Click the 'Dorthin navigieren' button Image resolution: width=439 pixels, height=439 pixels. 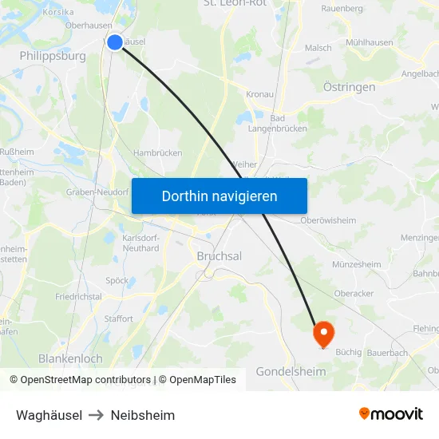219,196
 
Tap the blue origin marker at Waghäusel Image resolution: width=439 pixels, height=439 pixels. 115,42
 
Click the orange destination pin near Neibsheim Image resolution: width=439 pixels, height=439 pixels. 324,332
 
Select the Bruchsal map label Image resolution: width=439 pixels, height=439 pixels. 219,256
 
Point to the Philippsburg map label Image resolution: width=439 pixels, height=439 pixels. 53,57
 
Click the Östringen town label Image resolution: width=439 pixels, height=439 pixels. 349,87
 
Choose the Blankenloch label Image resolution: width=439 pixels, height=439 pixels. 70,359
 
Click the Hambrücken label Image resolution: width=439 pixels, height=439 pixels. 158,152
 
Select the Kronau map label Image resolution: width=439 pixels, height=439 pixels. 260,94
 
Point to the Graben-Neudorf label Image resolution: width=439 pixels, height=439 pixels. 97,192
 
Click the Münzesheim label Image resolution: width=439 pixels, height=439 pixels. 356,264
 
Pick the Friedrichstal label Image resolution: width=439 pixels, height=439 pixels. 78,296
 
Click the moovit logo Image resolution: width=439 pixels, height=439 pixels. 390,413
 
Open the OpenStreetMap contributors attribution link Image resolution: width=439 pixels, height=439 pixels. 85,380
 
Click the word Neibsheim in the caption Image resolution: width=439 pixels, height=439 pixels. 143,415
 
